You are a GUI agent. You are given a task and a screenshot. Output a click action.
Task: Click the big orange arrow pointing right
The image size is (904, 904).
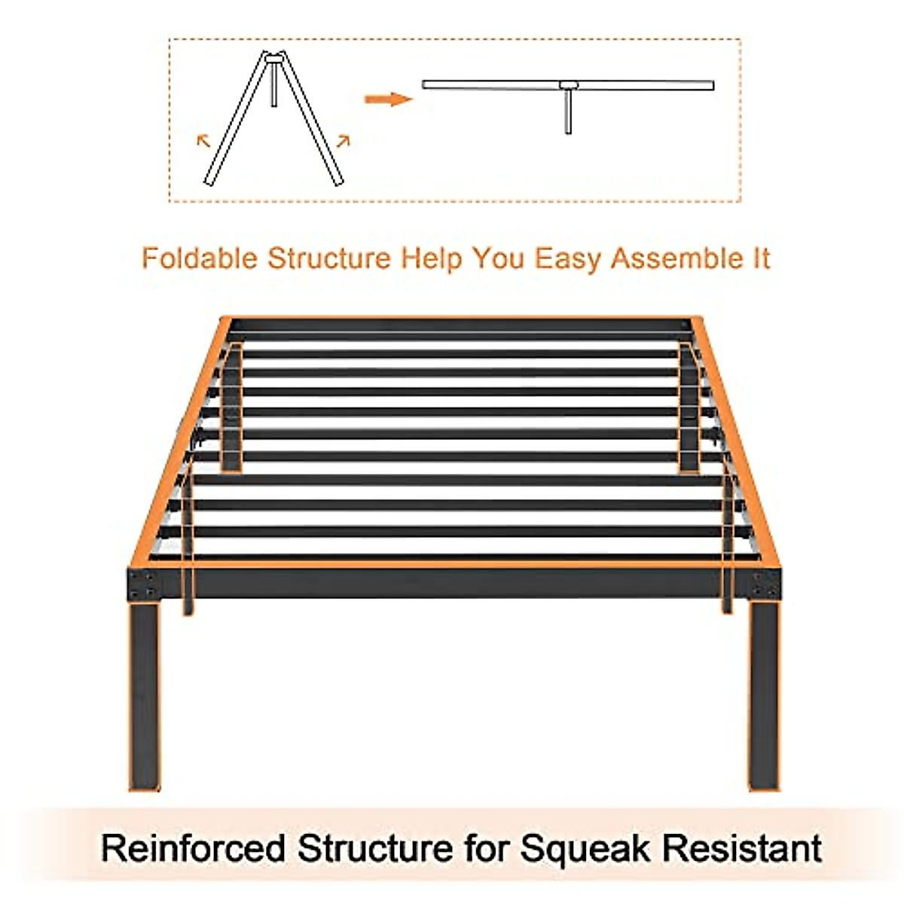pos(388,99)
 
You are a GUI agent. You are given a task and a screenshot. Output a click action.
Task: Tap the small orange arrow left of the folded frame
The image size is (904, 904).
pos(203,139)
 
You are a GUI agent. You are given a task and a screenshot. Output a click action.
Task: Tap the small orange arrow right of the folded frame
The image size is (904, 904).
pos(344,140)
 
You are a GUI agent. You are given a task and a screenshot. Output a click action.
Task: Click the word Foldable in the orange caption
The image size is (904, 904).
pos(200,258)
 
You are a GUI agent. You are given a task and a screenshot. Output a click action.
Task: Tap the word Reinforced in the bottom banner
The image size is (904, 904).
pos(193,848)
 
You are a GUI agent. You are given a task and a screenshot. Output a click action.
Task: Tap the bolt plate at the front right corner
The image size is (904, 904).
pos(766,584)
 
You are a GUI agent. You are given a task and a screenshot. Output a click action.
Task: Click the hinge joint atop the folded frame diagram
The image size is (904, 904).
pos(275,56)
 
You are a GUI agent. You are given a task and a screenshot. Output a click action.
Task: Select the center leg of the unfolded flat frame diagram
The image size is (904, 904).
pos(568,111)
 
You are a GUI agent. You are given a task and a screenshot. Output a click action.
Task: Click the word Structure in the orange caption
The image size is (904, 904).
pos(329,258)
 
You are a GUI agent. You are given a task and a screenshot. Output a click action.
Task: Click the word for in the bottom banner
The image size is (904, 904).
pos(486,848)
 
